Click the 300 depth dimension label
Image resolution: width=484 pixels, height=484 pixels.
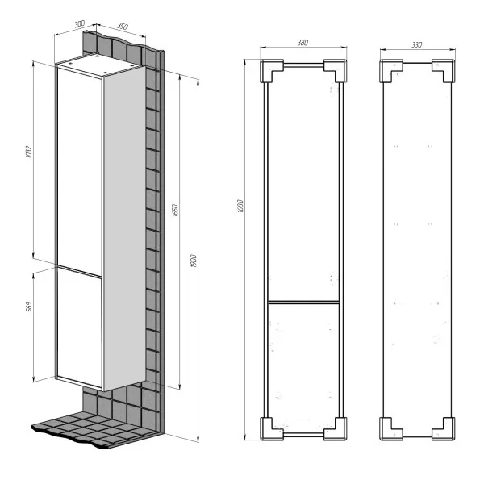tap(80, 23)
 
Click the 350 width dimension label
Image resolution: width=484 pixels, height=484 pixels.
tap(123, 27)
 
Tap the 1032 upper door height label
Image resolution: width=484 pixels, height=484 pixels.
tap(28, 152)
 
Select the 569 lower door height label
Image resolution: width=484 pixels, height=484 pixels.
tap(29, 307)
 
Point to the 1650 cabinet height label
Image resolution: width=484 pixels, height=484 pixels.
tap(175, 210)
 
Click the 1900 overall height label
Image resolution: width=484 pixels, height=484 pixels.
tap(194, 261)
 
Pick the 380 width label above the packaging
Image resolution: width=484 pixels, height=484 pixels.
tap(302, 43)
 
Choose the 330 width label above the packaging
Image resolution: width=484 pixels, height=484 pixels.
tap(416, 44)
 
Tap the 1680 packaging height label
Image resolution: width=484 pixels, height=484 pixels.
tap(240, 207)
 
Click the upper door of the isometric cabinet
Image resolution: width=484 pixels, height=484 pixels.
tap(79, 171)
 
